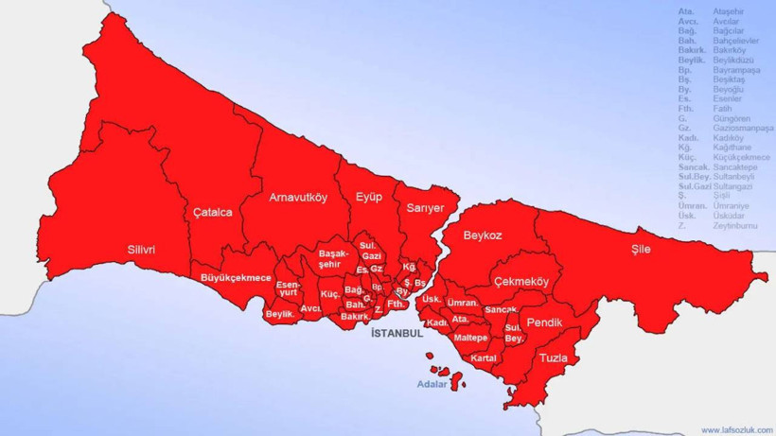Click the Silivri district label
point(141,250)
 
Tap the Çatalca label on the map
point(213,212)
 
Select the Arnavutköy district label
point(298,198)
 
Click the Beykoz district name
point(483,235)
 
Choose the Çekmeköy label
point(520,282)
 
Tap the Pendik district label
point(544,323)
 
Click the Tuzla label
point(554,358)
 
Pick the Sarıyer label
point(425,208)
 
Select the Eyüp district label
point(368,197)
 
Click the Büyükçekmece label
point(237,278)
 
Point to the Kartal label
point(484,358)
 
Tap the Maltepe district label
point(470,338)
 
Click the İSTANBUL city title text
point(397,334)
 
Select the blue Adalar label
point(433,384)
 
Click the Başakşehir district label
point(334,259)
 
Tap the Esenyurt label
point(288,288)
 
